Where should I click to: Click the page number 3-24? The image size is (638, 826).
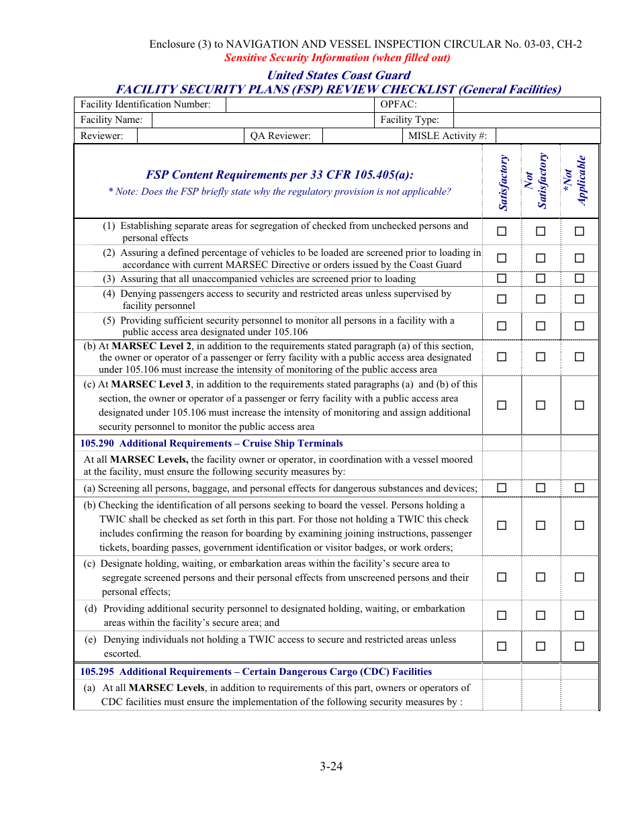coord(331,766)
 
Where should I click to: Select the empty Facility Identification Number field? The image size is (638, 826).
coord(300,105)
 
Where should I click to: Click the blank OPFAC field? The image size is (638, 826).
coord(527,105)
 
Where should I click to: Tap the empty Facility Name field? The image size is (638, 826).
coord(263,120)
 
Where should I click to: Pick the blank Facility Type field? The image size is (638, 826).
coord(527,120)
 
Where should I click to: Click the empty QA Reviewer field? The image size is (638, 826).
coord(361,136)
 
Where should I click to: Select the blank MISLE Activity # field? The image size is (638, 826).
coord(547,136)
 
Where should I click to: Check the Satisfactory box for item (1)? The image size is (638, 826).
coord(502,232)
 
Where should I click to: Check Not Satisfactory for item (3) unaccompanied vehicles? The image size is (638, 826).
coord(541,279)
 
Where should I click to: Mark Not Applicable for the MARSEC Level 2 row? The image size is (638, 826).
coord(580,357)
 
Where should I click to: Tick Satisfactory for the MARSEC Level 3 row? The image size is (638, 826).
coord(502,405)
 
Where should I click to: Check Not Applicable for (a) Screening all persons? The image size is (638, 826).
coord(580,488)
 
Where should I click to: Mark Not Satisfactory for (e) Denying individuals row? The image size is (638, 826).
coord(541,646)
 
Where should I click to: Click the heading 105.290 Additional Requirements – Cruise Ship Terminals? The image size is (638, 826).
coord(212,443)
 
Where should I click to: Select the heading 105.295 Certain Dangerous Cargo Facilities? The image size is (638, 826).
coord(256,672)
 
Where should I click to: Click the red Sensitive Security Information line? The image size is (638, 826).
coord(337,58)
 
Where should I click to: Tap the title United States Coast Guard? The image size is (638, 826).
coord(338,75)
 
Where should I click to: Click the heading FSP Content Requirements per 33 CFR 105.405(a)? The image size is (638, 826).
coord(279,175)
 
